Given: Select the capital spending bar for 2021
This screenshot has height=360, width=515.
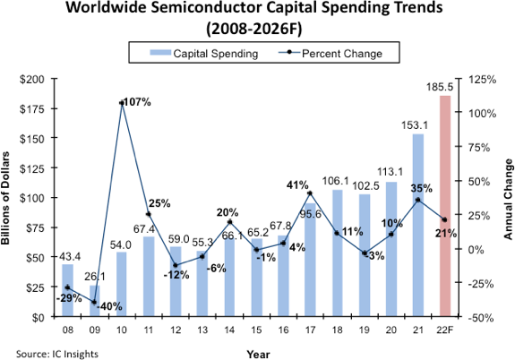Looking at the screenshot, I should [418, 225].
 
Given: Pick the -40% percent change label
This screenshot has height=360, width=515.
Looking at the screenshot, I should [110, 305].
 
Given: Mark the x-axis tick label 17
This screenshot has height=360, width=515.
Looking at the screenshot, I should [309, 329].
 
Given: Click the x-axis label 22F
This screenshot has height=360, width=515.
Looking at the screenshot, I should [445, 329].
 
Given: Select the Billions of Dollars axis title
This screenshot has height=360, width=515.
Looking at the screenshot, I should [8, 198].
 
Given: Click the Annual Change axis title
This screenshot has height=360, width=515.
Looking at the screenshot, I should [508, 198].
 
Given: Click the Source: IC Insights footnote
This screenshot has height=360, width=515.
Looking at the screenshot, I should [56, 353].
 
